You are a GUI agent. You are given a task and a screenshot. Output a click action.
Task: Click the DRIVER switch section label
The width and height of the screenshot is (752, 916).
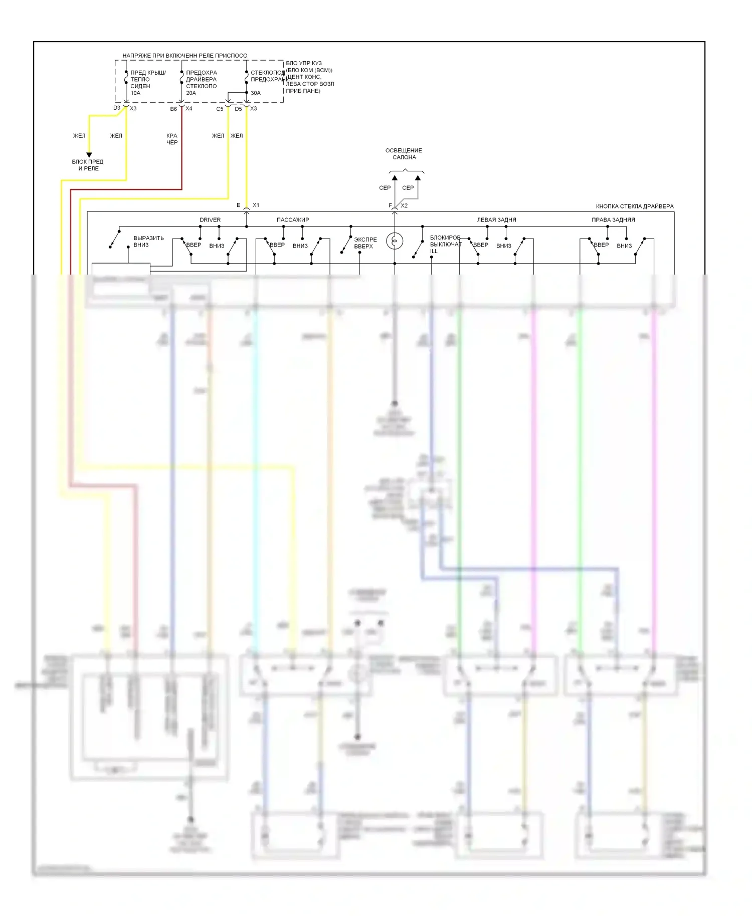(210, 220)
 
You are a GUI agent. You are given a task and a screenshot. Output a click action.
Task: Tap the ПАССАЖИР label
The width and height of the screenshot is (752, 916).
(293, 220)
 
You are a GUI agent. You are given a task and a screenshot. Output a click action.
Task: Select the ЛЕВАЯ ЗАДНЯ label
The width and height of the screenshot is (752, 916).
(496, 220)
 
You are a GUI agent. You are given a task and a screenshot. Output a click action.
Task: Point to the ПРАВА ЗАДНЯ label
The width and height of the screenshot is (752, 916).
(613, 220)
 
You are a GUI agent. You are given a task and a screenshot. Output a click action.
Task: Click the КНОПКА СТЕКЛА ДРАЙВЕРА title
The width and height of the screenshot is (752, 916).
(635, 206)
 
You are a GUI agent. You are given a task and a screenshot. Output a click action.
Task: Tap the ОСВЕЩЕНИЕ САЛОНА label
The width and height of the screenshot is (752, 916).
(404, 154)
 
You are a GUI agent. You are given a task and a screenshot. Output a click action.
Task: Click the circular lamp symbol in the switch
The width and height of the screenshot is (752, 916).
(395, 241)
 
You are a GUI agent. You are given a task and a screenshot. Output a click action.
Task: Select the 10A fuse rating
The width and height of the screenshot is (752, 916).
(136, 93)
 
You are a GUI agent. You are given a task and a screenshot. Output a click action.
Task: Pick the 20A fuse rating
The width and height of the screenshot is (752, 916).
(191, 93)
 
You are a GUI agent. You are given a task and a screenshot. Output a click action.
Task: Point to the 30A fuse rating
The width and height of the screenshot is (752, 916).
(256, 93)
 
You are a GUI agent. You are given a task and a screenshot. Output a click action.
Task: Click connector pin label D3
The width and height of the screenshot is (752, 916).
(117, 108)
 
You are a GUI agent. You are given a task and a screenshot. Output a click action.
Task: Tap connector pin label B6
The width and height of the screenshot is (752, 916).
(173, 109)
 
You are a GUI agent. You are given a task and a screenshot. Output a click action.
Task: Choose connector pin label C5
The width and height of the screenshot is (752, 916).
(220, 109)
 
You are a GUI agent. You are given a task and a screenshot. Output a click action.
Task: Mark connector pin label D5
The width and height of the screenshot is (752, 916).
(238, 109)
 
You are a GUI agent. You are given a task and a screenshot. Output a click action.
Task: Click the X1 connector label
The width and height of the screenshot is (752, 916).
(256, 205)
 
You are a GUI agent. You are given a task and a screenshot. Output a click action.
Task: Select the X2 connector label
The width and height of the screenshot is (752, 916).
(404, 205)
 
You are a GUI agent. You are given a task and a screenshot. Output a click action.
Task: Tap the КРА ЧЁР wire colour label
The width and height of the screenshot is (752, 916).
(172, 139)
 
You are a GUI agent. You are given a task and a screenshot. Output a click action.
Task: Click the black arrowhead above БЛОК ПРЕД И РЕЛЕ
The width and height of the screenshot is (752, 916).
(89, 155)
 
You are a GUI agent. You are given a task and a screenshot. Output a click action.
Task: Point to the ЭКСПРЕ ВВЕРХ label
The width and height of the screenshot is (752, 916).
(365, 243)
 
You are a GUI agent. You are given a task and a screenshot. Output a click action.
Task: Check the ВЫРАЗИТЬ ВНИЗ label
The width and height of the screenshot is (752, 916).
(148, 242)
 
